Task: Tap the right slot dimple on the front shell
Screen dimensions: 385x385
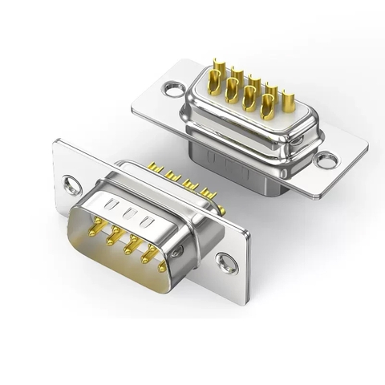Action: point(147,220)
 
